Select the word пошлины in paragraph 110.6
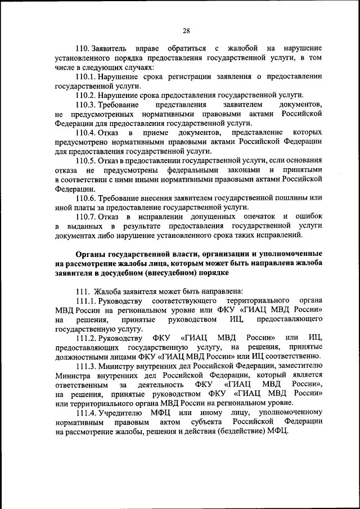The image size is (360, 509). point(293,197)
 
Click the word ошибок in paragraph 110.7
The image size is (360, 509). point(308,216)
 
